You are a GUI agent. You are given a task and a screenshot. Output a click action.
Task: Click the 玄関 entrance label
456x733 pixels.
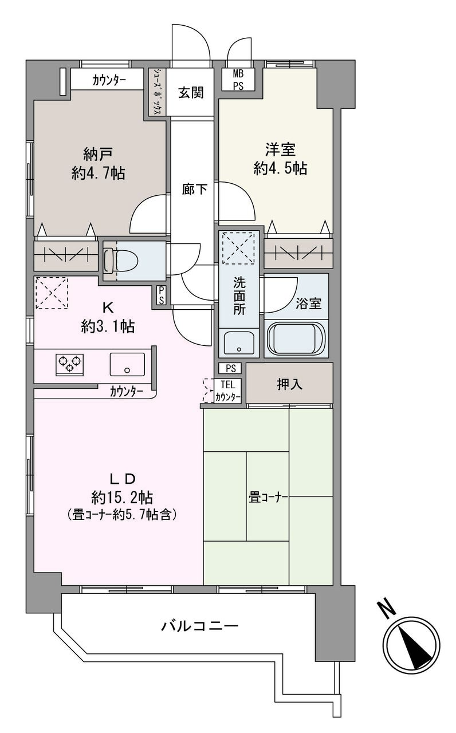[191, 93]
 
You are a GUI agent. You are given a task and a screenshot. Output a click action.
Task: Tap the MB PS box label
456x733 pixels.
[238, 80]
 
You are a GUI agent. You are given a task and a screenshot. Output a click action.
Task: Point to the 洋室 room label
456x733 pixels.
[280, 149]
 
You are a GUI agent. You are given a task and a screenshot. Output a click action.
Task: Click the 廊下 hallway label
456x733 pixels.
[194, 189]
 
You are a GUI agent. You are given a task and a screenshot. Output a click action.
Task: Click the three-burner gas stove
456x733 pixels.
[69, 364]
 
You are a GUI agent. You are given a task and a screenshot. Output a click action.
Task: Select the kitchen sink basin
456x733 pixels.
[127, 364]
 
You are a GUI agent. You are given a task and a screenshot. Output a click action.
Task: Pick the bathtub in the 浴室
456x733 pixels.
[296, 338]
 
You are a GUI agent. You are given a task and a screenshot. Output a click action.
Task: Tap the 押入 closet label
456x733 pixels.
[289, 384]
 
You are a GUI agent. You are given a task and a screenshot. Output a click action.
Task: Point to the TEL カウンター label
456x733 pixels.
[228, 391]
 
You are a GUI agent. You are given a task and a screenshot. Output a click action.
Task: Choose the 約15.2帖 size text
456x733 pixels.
[122, 498]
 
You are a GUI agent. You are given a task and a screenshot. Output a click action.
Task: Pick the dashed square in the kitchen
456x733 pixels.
[52, 293]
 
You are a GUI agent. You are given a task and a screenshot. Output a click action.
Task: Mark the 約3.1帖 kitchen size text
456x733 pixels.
[108, 326]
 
